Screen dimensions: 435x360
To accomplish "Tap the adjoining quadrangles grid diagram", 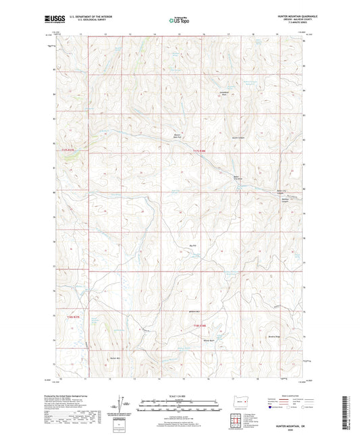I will click(240, 417).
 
